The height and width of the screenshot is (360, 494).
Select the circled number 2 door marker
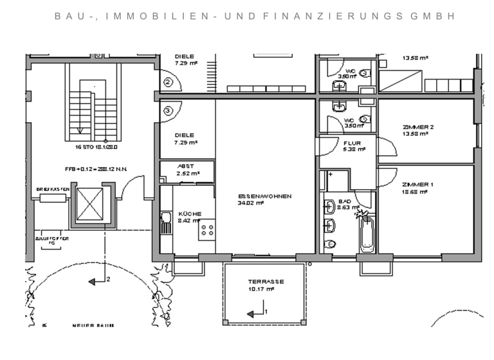(168, 82)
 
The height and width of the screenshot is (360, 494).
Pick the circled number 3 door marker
(168, 111)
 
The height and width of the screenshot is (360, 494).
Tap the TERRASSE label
(266, 282)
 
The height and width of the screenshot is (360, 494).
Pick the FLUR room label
(352, 143)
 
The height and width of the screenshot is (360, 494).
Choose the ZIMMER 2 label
(417, 127)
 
